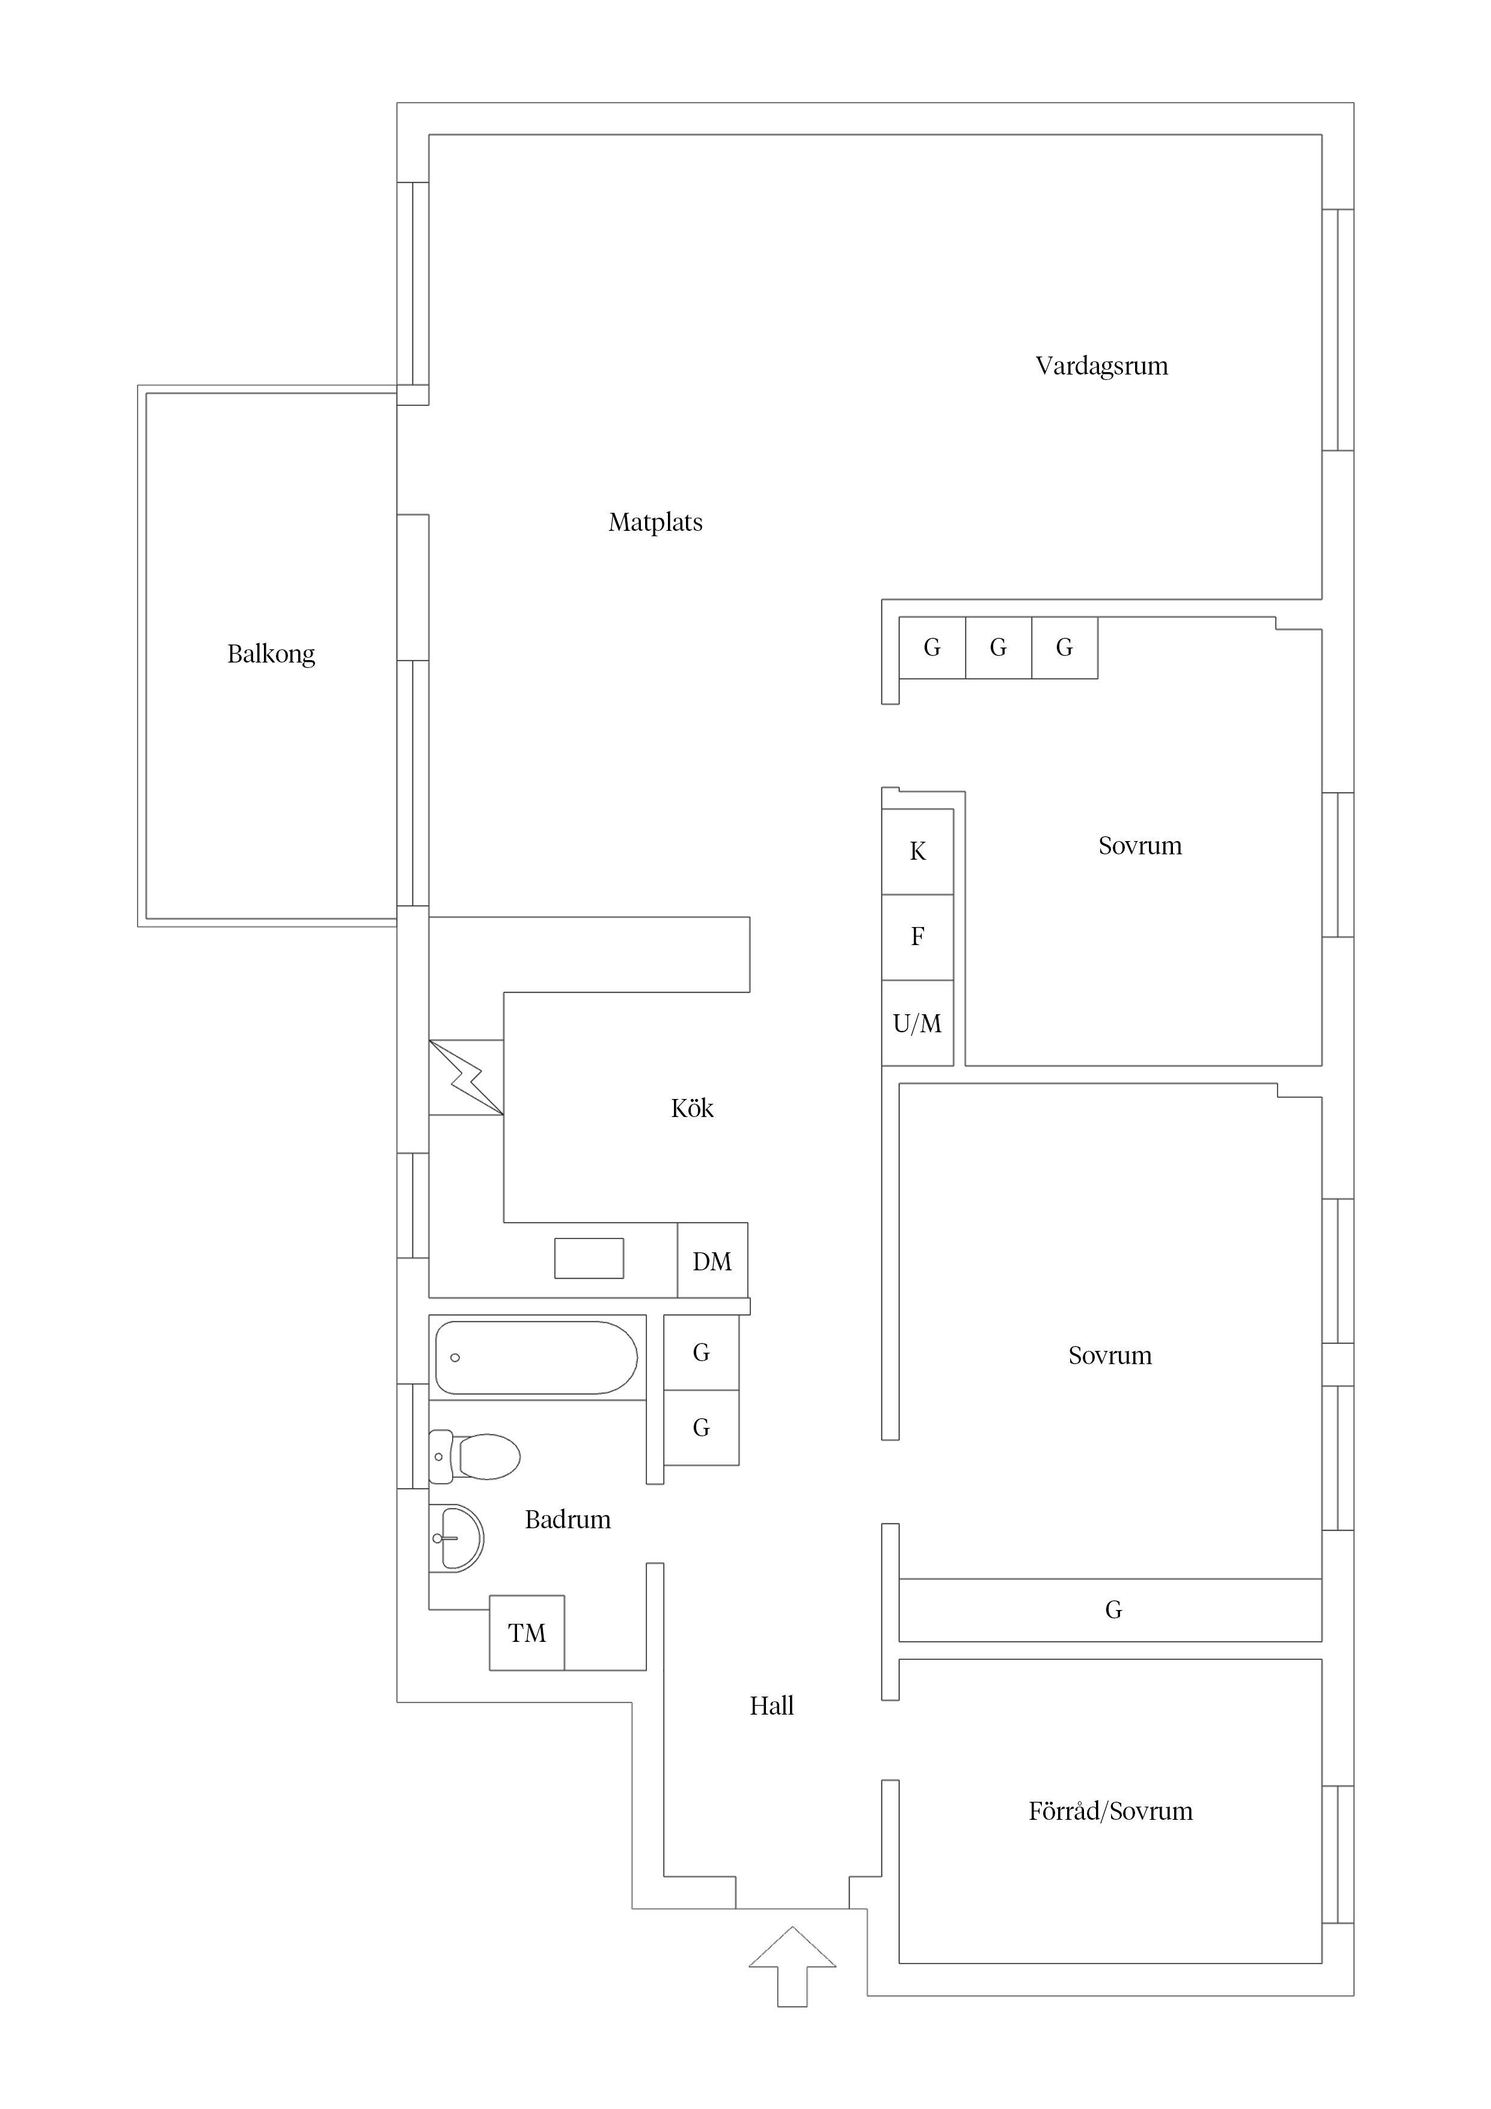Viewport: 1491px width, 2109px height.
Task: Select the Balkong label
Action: click(x=271, y=654)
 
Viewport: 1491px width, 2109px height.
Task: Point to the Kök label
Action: click(x=692, y=1108)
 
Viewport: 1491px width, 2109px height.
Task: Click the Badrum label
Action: click(x=568, y=1519)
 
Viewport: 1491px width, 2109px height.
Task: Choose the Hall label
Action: click(x=772, y=1706)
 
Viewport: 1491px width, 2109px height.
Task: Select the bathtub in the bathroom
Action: click(x=536, y=1358)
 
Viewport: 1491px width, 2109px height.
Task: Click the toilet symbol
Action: click(x=474, y=1456)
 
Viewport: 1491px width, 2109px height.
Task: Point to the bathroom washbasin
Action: click(x=456, y=1538)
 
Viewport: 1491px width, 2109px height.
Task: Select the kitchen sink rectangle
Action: click(x=589, y=1258)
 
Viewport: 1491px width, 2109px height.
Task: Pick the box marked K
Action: click(x=918, y=851)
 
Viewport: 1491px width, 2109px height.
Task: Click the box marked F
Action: click(x=918, y=937)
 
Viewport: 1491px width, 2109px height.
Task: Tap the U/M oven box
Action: click(x=918, y=1023)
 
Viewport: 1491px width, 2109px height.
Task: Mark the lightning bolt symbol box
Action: click(x=466, y=1077)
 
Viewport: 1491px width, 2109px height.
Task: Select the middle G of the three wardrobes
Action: click(x=999, y=647)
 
